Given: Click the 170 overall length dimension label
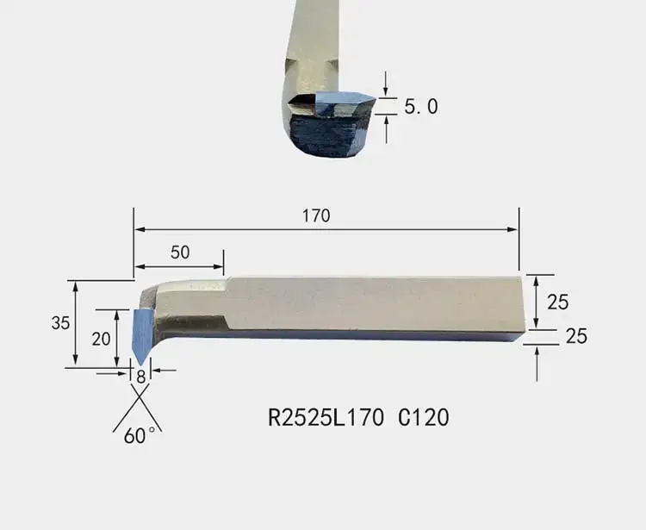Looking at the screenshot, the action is pyautogui.click(x=316, y=215).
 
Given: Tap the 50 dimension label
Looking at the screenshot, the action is pyautogui.click(x=180, y=253).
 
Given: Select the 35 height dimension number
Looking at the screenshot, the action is pyautogui.click(x=60, y=322).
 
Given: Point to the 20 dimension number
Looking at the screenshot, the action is pyautogui.click(x=101, y=339).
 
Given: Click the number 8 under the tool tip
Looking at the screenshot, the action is pyautogui.click(x=141, y=377).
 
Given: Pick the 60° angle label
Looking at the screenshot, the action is pyautogui.click(x=140, y=435).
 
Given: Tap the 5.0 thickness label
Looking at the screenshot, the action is pyautogui.click(x=420, y=106).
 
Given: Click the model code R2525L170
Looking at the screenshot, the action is pyautogui.click(x=326, y=417).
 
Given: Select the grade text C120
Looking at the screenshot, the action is pyautogui.click(x=424, y=417).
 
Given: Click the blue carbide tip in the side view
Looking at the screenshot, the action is pyautogui.click(x=142, y=334).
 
